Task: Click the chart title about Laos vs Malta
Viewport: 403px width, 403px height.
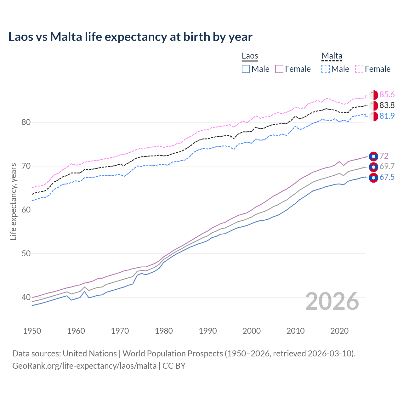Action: coord(130,37)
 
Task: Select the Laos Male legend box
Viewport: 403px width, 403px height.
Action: coord(246,69)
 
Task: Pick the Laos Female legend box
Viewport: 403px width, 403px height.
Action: coord(279,69)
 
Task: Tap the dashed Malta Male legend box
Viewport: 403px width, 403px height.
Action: coord(326,69)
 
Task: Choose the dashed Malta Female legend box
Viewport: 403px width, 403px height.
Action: coord(359,69)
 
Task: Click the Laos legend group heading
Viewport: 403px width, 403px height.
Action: coord(250,56)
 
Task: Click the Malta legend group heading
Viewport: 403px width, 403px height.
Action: coord(332,56)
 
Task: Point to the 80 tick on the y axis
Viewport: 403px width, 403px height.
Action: coord(26,122)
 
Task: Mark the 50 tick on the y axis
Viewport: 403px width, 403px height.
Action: coord(26,253)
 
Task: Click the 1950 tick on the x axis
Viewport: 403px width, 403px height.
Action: coord(32,331)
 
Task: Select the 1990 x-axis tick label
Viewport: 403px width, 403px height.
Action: coord(208,331)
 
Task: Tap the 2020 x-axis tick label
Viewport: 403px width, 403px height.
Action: coord(339,331)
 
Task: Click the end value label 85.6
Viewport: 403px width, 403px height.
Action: coord(387,95)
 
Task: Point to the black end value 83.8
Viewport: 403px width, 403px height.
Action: coord(387,105)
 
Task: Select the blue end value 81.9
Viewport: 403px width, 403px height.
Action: coord(387,116)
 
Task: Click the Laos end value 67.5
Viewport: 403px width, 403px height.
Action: coord(387,177)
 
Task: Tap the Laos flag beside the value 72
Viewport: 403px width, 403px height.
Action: coord(373,156)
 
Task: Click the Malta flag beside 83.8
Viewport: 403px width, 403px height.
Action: coord(373,105)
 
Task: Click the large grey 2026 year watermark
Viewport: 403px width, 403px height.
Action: coord(332,301)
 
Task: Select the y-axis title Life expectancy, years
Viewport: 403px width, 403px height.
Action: coord(13,201)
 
